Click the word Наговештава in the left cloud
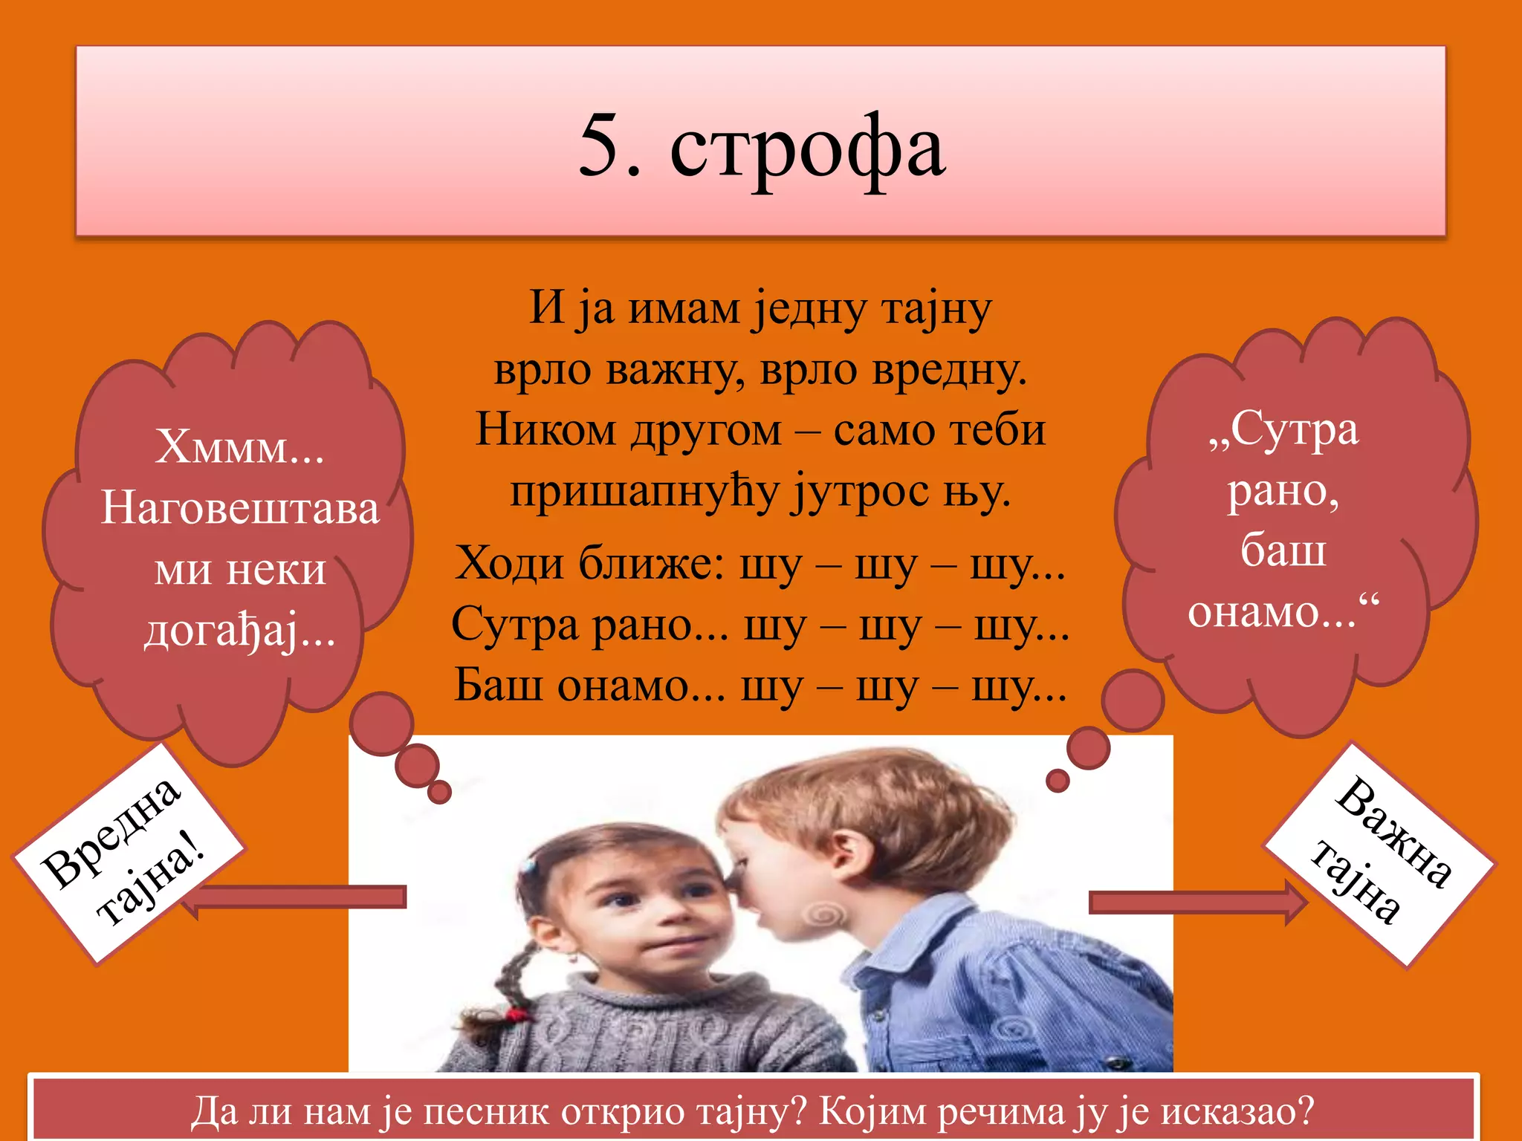coord(240,509)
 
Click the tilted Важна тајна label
coord(1379,854)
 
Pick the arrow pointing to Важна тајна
coord(1196,902)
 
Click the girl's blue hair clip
coord(529,865)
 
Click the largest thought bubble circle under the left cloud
coord(381,723)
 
